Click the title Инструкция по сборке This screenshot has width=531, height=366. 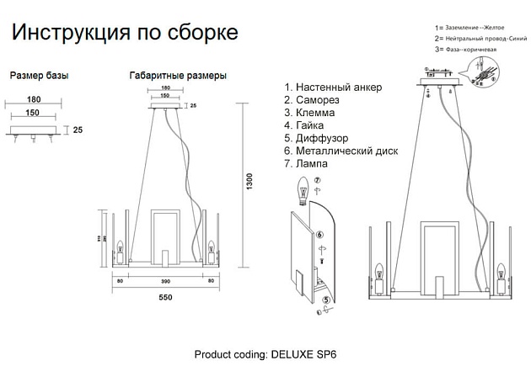[125, 33]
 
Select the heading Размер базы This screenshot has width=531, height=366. [39, 76]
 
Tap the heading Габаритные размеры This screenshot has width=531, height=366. [178, 76]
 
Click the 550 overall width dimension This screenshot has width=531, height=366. [166, 298]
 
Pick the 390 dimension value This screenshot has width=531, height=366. [166, 279]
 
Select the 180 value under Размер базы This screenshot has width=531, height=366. [33, 98]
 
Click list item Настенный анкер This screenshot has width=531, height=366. [333, 88]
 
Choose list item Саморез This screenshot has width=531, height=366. [316, 100]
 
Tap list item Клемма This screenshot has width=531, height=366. [314, 113]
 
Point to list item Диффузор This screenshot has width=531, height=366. [321, 138]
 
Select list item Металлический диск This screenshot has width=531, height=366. [346, 151]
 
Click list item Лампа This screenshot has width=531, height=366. [311, 164]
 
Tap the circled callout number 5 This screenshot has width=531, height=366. [326, 300]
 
